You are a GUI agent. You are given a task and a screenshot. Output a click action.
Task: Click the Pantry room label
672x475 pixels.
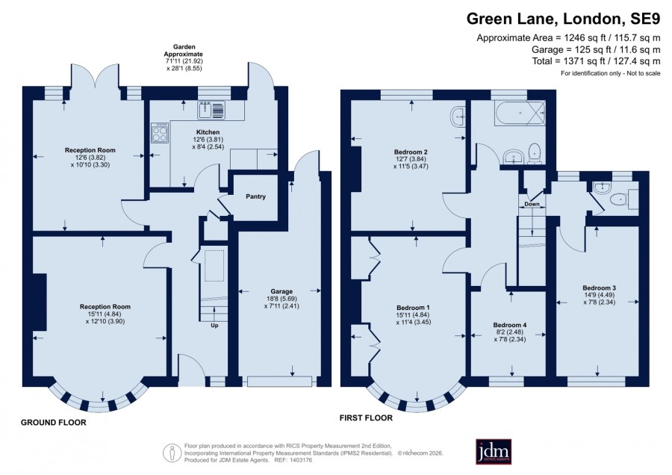pos(255,196)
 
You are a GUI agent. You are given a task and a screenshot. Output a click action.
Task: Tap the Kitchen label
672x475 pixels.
pos(208,132)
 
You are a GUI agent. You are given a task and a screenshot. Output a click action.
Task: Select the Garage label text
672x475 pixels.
pos(281,291)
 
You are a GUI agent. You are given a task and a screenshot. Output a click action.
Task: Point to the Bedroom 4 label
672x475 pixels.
pos(509,325)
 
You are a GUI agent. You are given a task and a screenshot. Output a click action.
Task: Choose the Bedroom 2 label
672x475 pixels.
pos(411,152)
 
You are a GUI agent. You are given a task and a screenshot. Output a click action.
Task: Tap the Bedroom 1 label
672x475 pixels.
pos(413,308)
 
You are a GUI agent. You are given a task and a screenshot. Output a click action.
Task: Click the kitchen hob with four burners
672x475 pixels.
pos(160,132)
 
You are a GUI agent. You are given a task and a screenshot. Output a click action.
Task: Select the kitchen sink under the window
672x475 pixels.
pos(211,110)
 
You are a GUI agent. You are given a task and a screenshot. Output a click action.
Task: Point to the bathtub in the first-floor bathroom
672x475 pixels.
pos(520,114)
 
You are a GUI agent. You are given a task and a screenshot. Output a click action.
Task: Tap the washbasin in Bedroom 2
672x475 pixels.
pos(458,117)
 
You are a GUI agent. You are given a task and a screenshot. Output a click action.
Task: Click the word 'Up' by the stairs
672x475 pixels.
pos(214,326)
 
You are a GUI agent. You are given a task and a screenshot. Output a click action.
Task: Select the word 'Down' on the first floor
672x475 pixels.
pos(532,204)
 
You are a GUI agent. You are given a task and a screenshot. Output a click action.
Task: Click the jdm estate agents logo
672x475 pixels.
pos(494,451)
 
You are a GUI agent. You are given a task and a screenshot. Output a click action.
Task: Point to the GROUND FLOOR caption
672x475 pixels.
pos(54,422)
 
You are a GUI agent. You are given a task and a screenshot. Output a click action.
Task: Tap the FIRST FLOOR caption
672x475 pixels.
pos(366,417)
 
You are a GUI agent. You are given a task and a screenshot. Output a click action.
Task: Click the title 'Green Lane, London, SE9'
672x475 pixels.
pos(563,19)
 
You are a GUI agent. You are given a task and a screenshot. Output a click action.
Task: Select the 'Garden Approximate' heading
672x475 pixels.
pos(184,51)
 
